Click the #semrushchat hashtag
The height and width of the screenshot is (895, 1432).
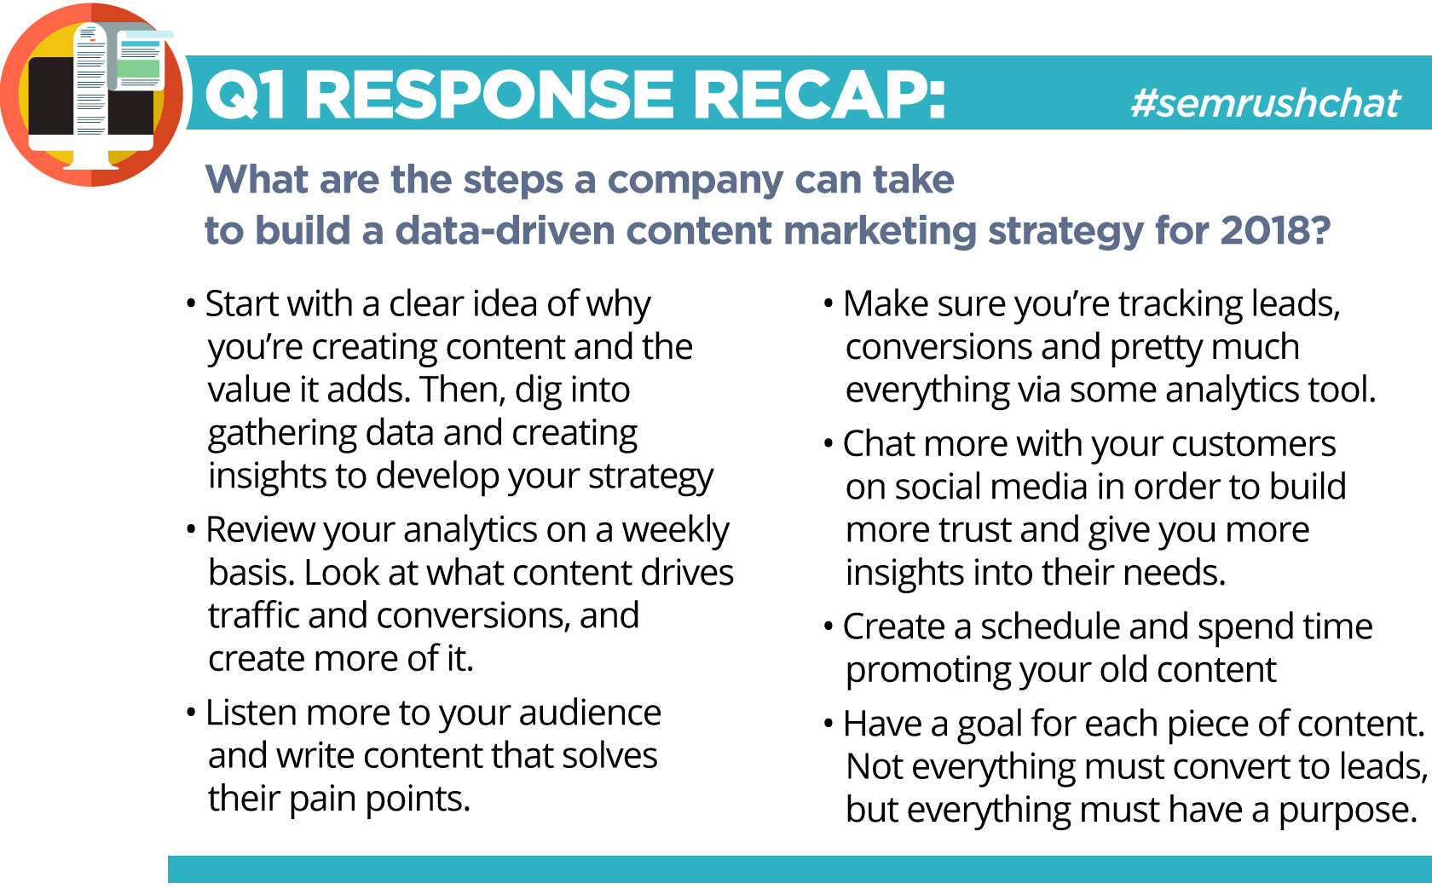coord(1266,103)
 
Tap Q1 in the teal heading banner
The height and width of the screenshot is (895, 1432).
coord(244,95)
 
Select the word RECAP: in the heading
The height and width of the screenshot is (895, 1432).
coord(819,95)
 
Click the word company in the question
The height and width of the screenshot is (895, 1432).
coord(695,181)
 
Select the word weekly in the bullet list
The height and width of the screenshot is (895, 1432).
coord(675,530)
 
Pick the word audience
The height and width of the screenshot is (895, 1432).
coord(590,713)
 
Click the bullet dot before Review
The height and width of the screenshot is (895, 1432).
coord(191,530)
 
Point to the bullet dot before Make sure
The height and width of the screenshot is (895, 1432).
coord(829,303)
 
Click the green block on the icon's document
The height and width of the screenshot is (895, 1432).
coord(140,68)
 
